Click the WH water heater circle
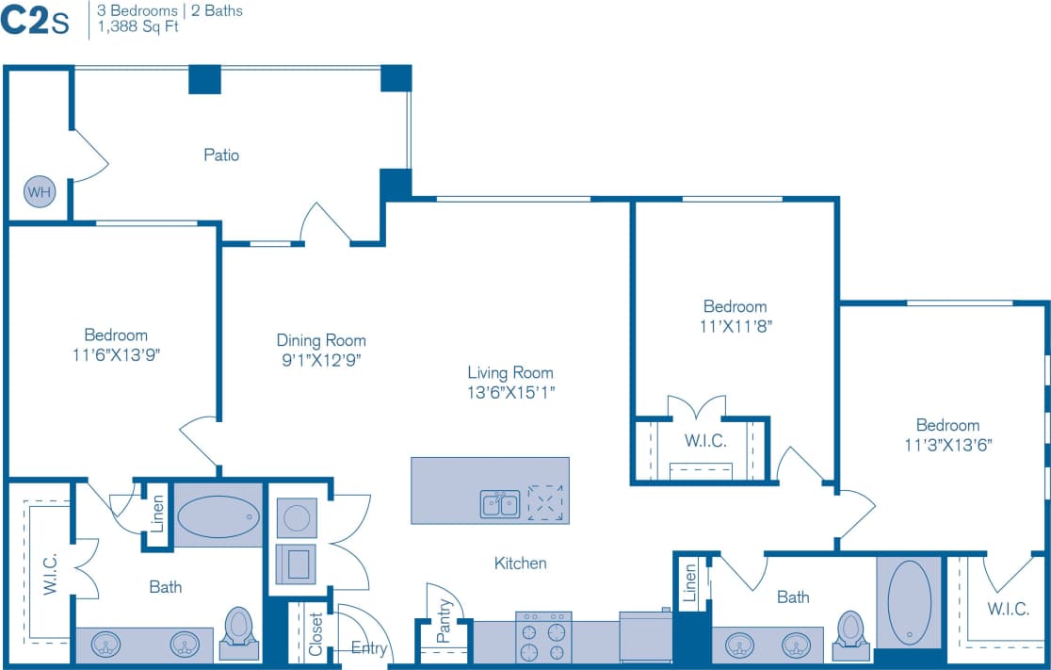point(40,192)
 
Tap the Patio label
point(221,155)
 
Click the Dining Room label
point(321,340)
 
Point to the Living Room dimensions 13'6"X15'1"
point(510,392)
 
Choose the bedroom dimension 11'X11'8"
point(735,326)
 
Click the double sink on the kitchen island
point(500,504)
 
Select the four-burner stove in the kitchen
point(543,638)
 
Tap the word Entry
point(369,648)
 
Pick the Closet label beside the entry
point(315,634)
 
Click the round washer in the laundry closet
point(297,517)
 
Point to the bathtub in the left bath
point(218,516)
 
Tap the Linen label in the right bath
point(689,581)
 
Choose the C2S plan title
point(35,21)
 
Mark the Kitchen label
point(521,563)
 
